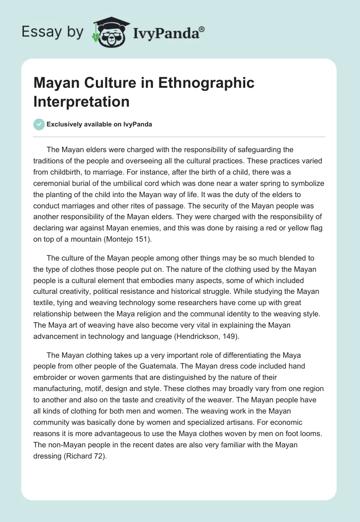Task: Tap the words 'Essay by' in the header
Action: coord(53,32)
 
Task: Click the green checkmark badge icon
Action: coord(39,124)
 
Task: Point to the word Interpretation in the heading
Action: coord(81,101)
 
